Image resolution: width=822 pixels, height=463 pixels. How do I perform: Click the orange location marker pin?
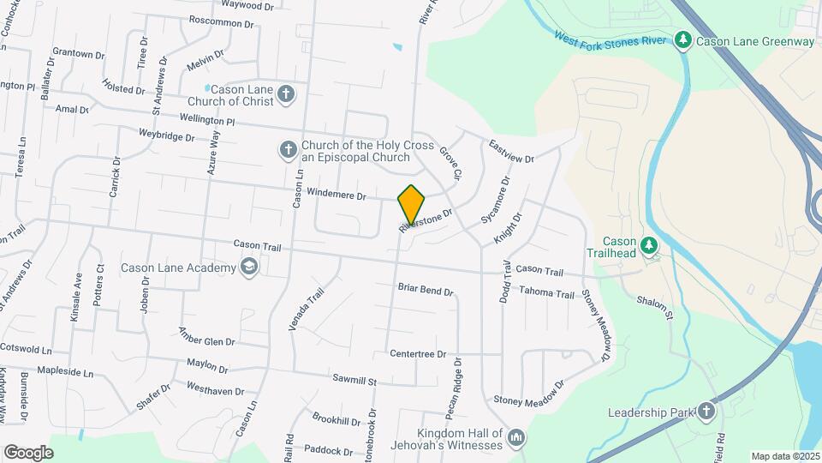click(x=412, y=205)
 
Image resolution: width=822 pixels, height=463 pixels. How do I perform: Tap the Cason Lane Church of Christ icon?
click(x=286, y=93)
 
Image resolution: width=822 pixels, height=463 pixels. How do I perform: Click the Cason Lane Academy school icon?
click(x=249, y=268)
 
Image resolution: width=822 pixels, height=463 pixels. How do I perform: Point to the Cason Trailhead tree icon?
click(x=649, y=246)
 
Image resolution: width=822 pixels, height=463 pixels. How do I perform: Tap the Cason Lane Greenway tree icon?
click(x=682, y=40)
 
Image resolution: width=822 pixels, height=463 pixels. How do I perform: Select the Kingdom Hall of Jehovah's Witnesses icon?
click(x=516, y=439)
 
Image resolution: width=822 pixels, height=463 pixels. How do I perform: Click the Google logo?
click(x=28, y=452)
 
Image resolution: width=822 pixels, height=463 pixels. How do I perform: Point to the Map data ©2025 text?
click(x=783, y=456)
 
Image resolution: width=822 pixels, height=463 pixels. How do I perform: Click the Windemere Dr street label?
click(x=337, y=195)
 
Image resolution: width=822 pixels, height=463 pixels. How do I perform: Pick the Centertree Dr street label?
click(x=418, y=353)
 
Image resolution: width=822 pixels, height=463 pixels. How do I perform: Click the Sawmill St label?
click(x=355, y=378)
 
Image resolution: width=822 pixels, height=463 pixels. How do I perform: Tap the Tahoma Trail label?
click(x=546, y=293)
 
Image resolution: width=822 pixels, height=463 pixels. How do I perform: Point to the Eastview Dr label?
click(x=511, y=153)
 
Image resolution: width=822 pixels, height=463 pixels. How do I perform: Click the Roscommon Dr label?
click(x=222, y=21)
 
